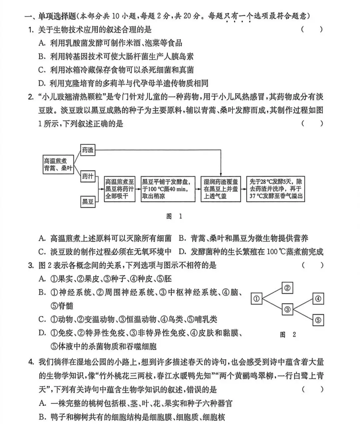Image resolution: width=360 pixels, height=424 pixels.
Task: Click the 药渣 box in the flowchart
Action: (88, 150)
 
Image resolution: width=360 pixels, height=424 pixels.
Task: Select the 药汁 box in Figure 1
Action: (88, 176)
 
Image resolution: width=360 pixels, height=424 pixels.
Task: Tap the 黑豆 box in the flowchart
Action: (88, 201)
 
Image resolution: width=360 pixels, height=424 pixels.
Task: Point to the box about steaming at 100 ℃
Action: (168, 189)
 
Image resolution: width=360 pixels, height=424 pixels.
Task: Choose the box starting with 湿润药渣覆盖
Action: (221, 189)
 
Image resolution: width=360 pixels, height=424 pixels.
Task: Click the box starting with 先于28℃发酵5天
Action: (276, 189)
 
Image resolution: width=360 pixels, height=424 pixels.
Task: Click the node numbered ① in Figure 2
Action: (256, 299)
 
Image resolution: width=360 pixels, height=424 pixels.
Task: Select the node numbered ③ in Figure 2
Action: (288, 309)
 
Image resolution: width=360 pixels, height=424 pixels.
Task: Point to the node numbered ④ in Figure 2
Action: (318, 299)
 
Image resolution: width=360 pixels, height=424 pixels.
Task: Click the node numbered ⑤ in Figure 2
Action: (318, 320)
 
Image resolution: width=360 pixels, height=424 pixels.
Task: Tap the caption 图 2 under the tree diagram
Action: (288, 334)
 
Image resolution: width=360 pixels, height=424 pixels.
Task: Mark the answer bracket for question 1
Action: (312, 29)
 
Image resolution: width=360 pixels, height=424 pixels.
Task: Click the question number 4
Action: (31, 362)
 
